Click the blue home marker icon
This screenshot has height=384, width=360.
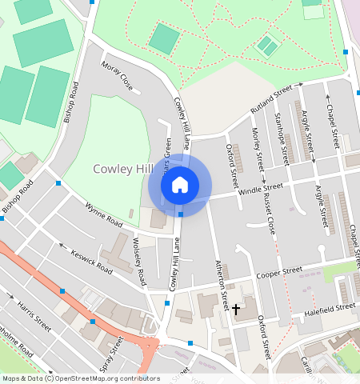pos(180,185)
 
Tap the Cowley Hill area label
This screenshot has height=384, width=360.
pos(123,169)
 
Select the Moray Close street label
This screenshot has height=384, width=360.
pos(117,74)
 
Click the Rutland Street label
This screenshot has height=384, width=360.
pos(271,98)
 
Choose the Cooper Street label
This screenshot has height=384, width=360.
pos(278,274)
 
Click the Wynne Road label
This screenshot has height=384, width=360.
pos(103,213)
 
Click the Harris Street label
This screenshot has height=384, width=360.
pos(35,317)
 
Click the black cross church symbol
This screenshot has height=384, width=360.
pos(235,308)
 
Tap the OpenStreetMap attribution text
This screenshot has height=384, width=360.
pos(80,378)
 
